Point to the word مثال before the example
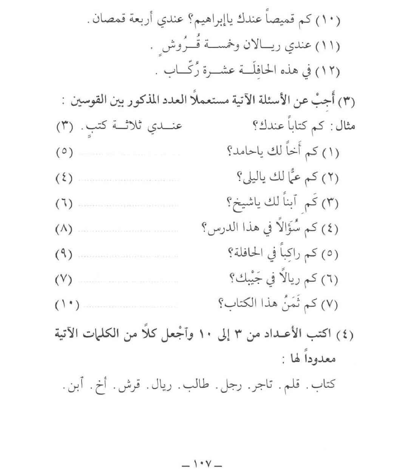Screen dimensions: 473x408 [345, 126]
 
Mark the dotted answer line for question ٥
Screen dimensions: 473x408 [128, 256]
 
